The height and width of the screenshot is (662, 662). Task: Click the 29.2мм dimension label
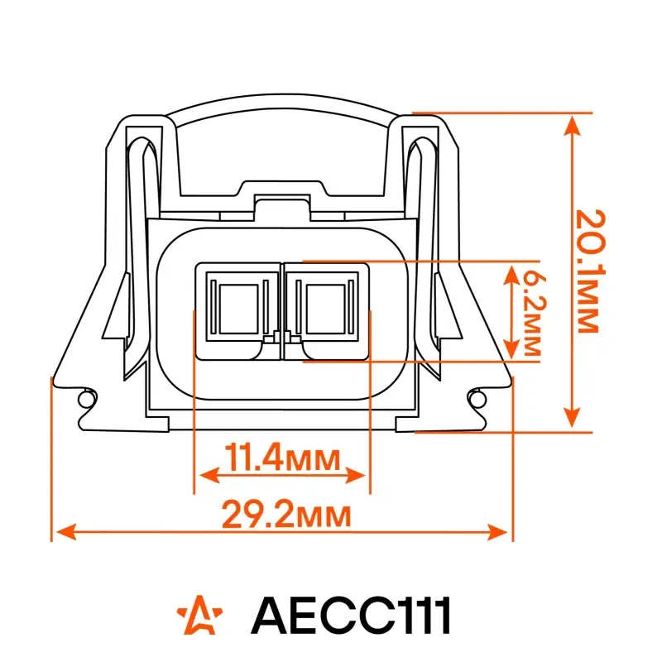286,514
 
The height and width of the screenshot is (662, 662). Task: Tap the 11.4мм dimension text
282,458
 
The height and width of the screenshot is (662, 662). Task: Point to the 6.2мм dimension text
534,314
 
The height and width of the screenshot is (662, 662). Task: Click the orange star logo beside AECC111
199,615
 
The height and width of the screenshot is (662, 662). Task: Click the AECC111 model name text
351,615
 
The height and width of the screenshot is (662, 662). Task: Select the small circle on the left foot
86,398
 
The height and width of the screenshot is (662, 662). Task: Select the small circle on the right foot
477,398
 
